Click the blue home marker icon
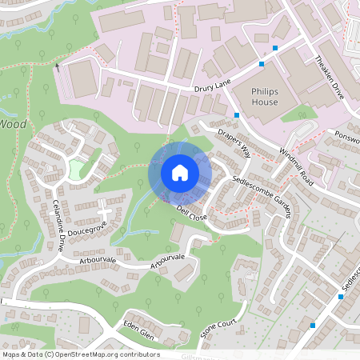(180, 172)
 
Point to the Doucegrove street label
(87, 231)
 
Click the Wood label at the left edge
(13, 124)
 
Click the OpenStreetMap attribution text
(80, 354)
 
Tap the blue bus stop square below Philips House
(238, 115)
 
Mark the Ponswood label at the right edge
(347, 135)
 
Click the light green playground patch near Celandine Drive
(77, 170)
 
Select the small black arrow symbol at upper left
(58, 66)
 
